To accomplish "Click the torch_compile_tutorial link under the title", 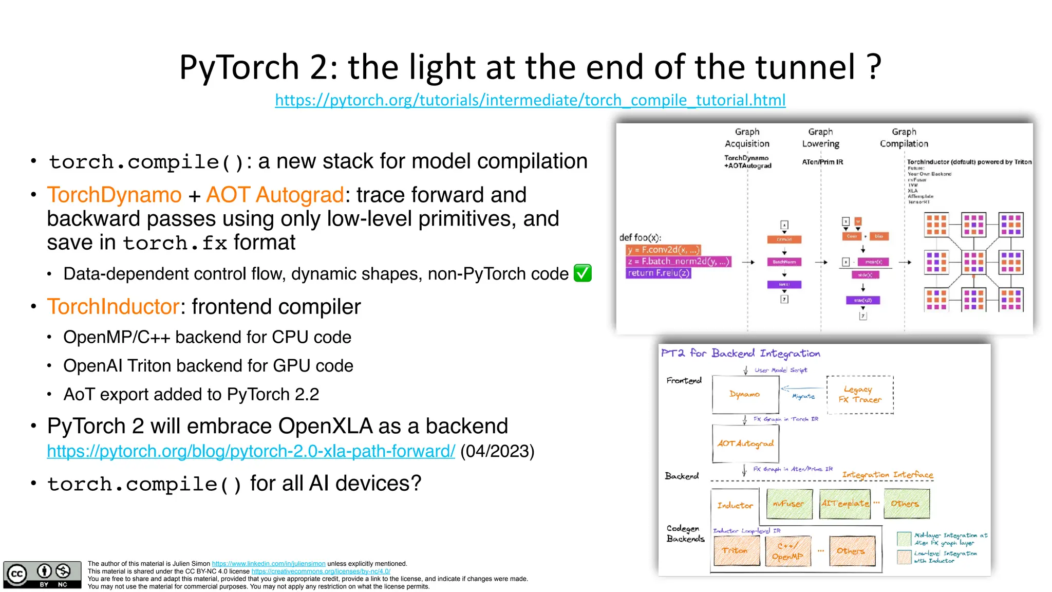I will click(x=530, y=100).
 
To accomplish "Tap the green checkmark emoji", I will click(x=583, y=273).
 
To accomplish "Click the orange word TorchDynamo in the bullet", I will click(x=114, y=195).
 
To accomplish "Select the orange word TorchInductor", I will click(x=113, y=307).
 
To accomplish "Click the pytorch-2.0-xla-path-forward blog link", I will click(x=251, y=451).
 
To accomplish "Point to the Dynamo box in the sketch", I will click(x=745, y=394).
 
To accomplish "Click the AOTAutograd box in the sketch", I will click(x=745, y=443).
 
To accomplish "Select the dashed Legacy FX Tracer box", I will click(x=860, y=395).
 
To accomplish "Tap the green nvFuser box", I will click(x=789, y=504).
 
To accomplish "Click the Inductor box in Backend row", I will click(x=735, y=505).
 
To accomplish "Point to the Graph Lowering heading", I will click(x=820, y=138).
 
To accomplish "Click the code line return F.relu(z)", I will click(x=659, y=273).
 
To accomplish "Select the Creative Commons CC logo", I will click(x=17, y=573).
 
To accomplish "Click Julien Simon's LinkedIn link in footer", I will click(x=269, y=564).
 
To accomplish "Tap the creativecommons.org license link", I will click(x=321, y=571).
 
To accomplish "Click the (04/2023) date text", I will click(x=497, y=451).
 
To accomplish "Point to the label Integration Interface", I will click(x=887, y=474).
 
